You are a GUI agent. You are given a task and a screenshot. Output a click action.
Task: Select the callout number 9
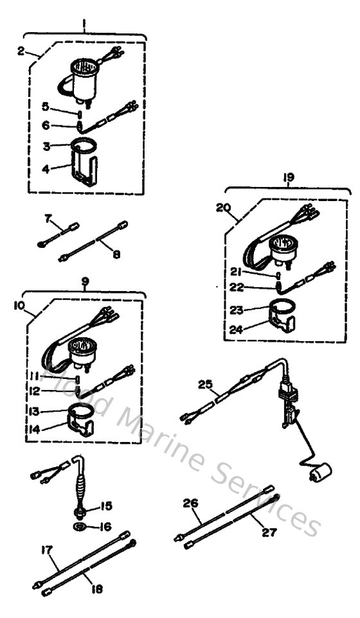pos(84,280)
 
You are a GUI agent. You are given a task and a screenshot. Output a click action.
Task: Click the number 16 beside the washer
pos(105,526)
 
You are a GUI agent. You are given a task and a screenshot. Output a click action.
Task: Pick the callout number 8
pos(115,254)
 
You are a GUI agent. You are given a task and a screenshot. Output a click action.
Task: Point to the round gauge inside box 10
pos(80,351)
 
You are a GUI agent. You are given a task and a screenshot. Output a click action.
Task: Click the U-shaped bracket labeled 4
pos(87,166)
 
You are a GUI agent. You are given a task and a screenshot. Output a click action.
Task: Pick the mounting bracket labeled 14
pos(82,421)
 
